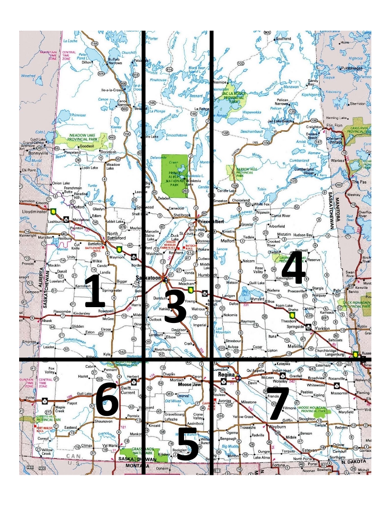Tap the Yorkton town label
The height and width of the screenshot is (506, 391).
click(x=325, y=331)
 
